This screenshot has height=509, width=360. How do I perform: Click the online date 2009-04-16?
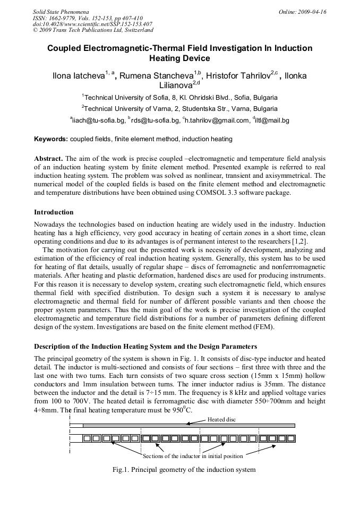(312, 11)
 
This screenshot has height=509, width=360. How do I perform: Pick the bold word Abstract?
(48, 159)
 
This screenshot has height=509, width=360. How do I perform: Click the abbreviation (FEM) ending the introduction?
(262, 327)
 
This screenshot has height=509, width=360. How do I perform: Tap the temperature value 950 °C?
(182, 411)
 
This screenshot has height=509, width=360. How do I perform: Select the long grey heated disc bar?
(188, 426)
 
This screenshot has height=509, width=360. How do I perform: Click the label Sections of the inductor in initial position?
(193, 456)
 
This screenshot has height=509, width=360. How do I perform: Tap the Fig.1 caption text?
(184, 470)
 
